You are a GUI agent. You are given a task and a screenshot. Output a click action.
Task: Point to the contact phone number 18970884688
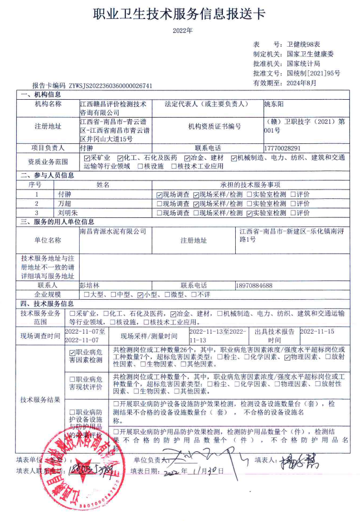click(x=254, y=285)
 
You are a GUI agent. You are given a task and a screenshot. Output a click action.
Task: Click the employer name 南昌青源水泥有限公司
click(x=113, y=231)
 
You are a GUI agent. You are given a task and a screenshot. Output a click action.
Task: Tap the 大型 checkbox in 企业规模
click(x=86, y=294)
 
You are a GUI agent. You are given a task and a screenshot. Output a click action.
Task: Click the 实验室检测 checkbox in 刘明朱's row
click(x=249, y=213)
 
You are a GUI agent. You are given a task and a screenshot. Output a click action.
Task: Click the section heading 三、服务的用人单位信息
click(x=57, y=222)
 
